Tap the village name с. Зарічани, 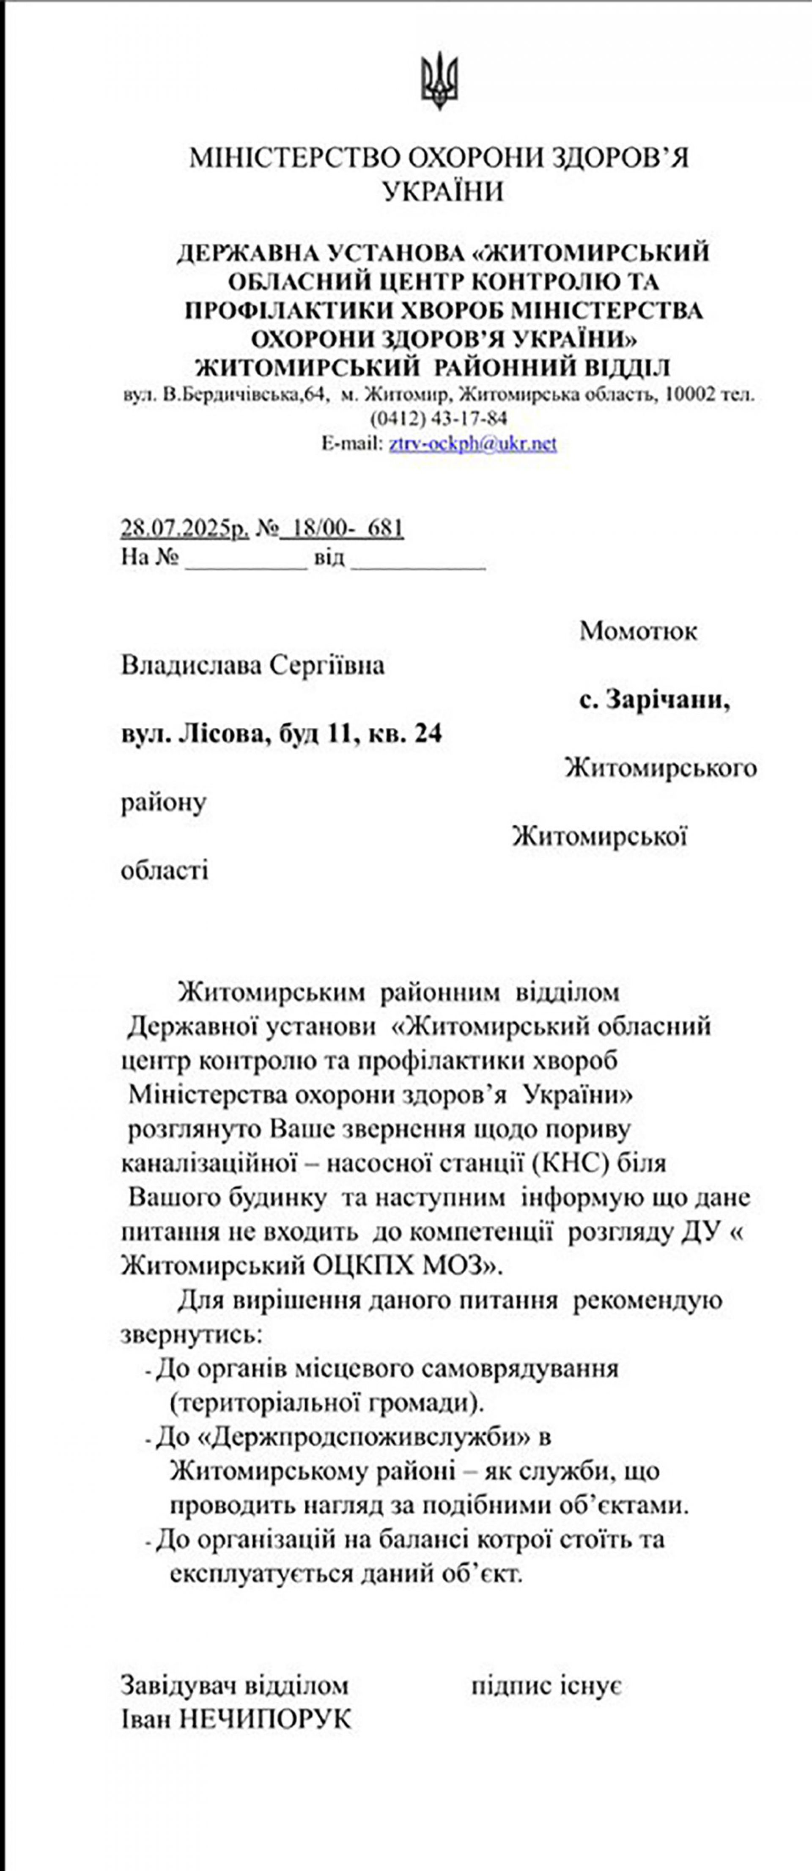(x=654, y=699)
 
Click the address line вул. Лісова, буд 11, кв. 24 (x=281, y=734)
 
